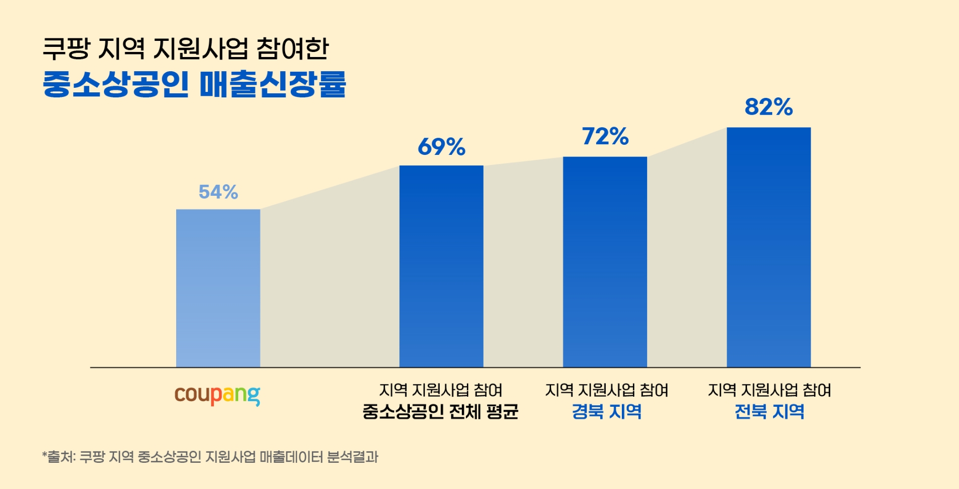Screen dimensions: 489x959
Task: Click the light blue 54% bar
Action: (218, 288)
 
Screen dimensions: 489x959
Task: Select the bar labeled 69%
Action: (441, 266)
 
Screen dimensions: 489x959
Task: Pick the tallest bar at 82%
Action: (768, 247)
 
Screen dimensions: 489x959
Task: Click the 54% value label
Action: (218, 192)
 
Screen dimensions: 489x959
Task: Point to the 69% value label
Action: (441, 147)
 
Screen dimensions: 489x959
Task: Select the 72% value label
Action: (605, 136)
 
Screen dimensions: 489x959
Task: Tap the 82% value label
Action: (768, 107)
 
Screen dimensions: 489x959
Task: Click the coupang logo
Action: (217, 395)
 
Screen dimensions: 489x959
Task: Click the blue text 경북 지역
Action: (606, 412)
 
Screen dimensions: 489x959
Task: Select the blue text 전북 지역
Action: (769, 412)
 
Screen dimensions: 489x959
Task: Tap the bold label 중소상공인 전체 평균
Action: (440, 412)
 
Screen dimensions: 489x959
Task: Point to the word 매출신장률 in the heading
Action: (273, 84)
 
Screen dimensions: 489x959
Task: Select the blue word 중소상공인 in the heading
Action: (116, 84)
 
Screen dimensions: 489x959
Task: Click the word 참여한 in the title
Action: (292, 49)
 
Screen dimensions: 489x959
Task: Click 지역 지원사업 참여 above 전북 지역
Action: (769, 390)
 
